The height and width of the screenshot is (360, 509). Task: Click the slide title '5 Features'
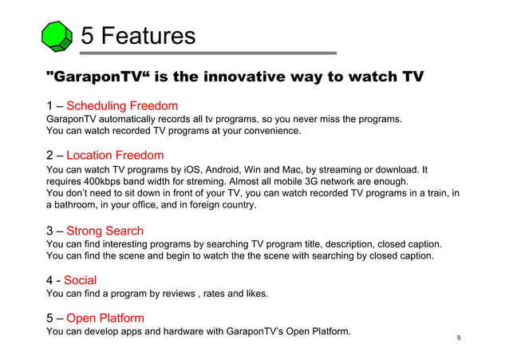pyautogui.click(x=139, y=35)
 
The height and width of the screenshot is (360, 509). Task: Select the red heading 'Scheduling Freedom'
pyautogui.click(x=122, y=105)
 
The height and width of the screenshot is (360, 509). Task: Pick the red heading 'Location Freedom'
pyautogui.click(x=115, y=155)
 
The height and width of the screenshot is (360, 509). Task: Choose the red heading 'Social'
pyautogui.click(x=80, y=280)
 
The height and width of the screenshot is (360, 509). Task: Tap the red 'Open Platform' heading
pyautogui.click(x=105, y=318)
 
